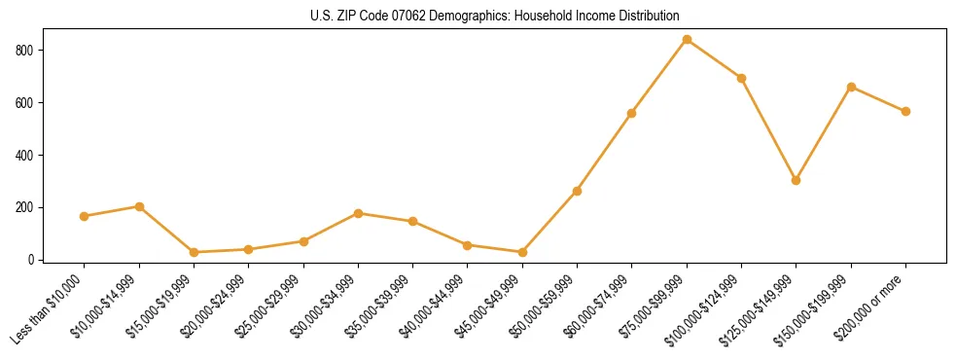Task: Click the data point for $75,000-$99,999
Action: pyautogui.click(x=687, y=40)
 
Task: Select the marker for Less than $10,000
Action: pyautogui.click(x=85, y=216)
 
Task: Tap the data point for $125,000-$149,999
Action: pyautogui.click(x=796, y=180)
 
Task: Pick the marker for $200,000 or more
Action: pyautogui.click(x=905, y=111)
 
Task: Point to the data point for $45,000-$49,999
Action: pyautogui.click(x=522, y=252)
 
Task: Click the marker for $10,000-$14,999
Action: pyautogui.click(x=139, y=206)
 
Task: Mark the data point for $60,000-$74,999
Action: pyautogui.click(x=632, y=113)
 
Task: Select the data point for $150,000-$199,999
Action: pyautogui.click(x=851, y=87)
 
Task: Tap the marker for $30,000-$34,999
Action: pyautogui.click(x=358, y=213)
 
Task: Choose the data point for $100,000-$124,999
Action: pyautogui.click(x=741, y=78)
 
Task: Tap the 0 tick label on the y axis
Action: pyautogui.click(x=33, y=260)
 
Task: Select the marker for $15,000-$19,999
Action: pyautogui.click(x=194, y=252)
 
